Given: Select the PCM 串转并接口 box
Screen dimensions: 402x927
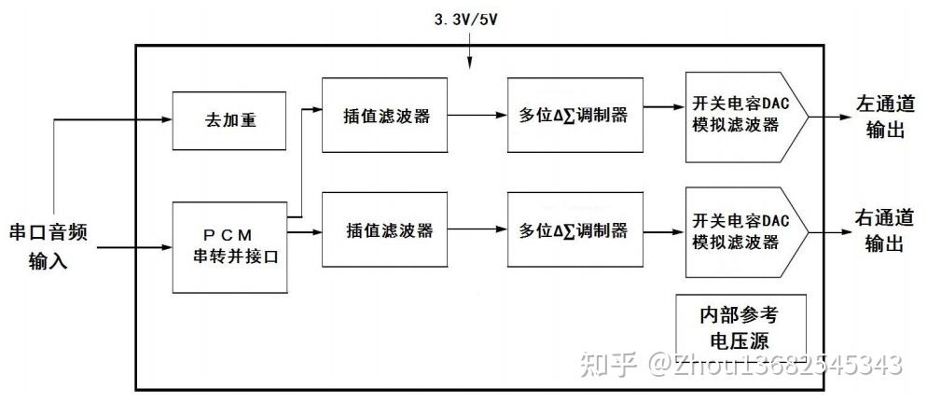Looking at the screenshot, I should pyautogui.click(x=229, y=246).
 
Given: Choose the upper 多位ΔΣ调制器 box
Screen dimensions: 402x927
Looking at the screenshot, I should pyautogui.click(x=575, y=116).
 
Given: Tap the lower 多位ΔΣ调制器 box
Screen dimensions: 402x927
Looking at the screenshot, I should pyautogui.click(x=575, y=230).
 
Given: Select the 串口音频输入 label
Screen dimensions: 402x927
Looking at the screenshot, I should pyautogui.click(x=48, y=244).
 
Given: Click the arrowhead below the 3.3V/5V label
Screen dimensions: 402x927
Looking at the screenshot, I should pyautogui.click(x=469, y=63).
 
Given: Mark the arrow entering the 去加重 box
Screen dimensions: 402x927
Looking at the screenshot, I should pyautogui.click(x=166, y=120).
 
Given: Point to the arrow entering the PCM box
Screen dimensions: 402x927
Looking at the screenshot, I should pyautogui.click(x=166, y=248).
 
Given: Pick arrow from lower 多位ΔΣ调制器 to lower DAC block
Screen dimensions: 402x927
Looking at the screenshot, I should pyautogui.click(x=664, y=229).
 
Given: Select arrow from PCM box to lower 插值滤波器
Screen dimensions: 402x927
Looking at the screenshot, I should pyautogui.click(x=305, y=230).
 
